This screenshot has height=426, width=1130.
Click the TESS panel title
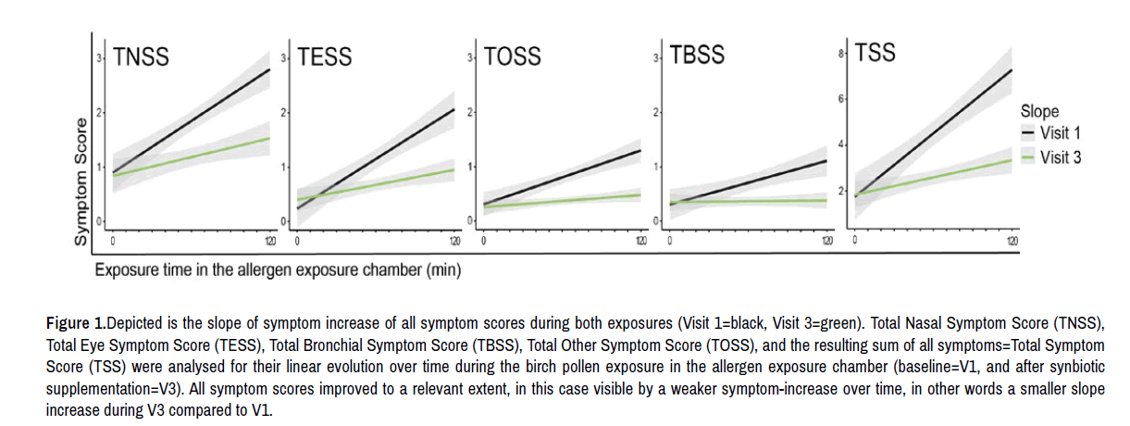pos(326,57)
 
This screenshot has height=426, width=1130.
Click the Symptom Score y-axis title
pos(81,182)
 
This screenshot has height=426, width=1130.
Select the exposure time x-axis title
pos(277,270)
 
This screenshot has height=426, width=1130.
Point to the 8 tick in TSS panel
pos(842,55)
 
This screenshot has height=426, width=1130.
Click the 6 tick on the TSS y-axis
pos(842,99)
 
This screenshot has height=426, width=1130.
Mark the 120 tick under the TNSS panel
pos(267,241)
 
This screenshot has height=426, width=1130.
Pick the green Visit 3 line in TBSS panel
pos(750,201)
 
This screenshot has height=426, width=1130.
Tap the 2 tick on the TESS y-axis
pos(288,112)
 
